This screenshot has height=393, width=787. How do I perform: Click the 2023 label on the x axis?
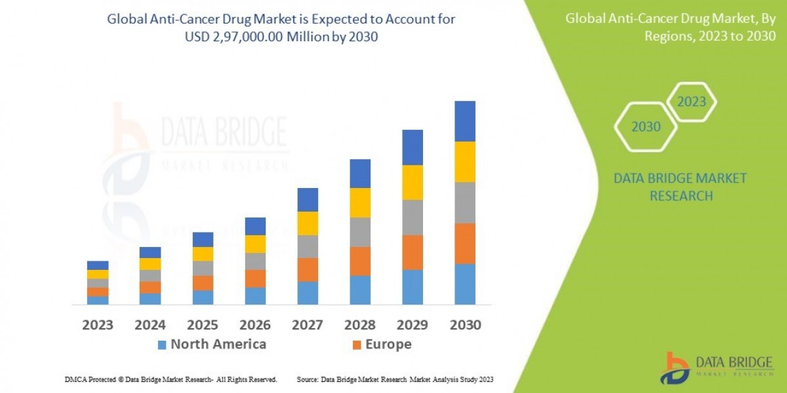click(x=97, y=325)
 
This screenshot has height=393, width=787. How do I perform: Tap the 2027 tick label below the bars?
click(x=307, y=325)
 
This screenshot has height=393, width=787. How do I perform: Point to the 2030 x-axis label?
click(x=464, y=325)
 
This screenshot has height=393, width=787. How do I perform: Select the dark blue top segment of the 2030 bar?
click(x=464, y=121)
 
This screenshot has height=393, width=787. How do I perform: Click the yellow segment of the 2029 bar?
click(x=412, y=182)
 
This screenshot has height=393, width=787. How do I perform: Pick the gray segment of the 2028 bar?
click(x=359, y=232)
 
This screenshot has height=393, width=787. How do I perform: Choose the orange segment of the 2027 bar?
click(x=307, y=269)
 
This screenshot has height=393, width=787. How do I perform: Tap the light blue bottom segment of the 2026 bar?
click(x=255, y=296)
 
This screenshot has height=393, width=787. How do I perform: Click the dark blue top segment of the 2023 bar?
click(x=97, y=265)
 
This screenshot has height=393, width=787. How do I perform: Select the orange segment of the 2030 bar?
click(x=464, y=244)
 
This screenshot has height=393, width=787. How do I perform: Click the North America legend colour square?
click(x=162, y=345)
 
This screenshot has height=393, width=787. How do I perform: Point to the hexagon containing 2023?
click(x=691, y=102)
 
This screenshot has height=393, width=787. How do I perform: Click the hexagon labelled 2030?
click(x=645, y=127)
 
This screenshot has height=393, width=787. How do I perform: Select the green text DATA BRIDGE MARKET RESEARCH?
click(x=680, y=187)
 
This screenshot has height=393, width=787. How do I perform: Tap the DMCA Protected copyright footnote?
click(x=171, y=379)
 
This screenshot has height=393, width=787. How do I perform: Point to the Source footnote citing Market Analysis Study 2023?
click(x=395, y=379)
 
